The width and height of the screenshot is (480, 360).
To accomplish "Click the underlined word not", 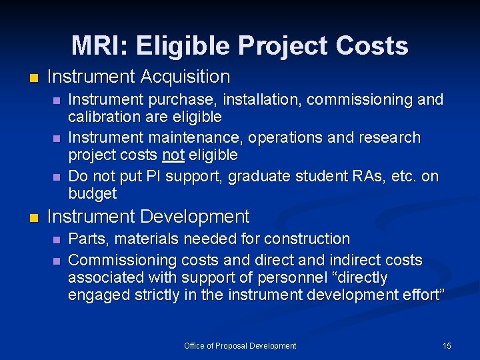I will point(173,155).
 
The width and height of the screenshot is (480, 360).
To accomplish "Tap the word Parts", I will point(87,239).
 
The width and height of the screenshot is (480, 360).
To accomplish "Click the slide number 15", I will point(447,345).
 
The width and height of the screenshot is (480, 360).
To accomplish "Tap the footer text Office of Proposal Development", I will point(240,345).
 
